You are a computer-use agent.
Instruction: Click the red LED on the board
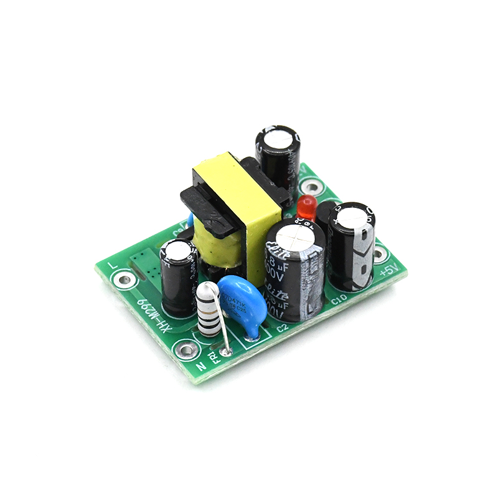pos(306,207)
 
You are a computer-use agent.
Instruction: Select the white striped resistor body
pos(206,310)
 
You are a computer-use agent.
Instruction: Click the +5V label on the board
pos(387,271)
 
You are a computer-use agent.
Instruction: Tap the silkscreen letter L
pos(113,264)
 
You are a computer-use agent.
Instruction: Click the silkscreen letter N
pos(201,366)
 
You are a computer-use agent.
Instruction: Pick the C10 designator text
pos(339,301)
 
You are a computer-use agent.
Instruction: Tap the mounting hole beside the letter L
pos(125,280)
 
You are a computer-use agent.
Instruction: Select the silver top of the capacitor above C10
pos(352,216)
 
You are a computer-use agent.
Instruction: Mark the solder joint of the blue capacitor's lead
pos(252,337)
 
